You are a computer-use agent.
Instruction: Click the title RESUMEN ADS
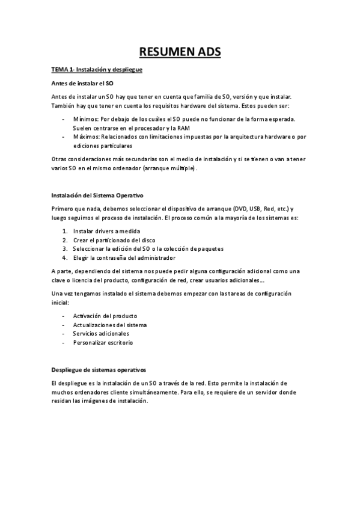point(180,53)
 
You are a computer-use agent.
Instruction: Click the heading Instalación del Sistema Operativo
point(97,196)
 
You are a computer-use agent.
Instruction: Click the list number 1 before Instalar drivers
point(64,231)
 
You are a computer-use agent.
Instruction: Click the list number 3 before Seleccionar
point(64,248)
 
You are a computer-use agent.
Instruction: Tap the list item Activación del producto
point(105,316)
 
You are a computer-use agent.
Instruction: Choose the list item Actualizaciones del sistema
point(109,325)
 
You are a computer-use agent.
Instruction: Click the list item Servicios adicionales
point(101,333)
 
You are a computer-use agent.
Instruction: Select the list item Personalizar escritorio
point(103,342)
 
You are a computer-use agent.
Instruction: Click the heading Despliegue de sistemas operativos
point(99,370)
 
